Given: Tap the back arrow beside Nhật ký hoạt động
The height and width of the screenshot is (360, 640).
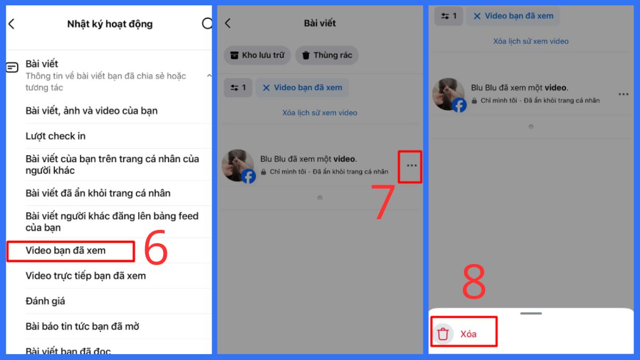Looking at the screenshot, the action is pos(11,24).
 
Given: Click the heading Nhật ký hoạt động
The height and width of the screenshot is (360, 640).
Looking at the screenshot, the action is pos(110,24).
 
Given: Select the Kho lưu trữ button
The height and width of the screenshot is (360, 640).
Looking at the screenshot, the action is pos(257,55).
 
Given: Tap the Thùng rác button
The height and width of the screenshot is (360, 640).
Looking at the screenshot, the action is pos(327,55).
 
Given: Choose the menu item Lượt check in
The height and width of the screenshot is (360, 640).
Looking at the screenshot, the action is pos(55,136).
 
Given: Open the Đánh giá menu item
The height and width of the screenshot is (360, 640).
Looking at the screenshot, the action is pos(45,301).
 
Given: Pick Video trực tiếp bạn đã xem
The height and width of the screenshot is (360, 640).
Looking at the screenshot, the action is pos(86,276).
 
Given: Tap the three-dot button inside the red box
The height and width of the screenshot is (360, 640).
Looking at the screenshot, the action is pos(411,165).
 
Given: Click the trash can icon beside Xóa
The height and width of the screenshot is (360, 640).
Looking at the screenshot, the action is pos(443,334).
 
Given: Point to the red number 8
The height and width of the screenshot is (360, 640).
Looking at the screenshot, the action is pos(474,282).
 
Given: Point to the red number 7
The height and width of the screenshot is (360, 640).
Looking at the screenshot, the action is pos(382,202).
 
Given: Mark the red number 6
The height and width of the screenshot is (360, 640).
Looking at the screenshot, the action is pos(156,247).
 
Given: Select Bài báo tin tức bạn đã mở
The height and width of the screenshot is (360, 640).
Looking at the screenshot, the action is pos(82,326).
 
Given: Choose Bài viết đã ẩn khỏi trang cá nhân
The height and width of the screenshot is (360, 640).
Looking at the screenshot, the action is pos(98,193).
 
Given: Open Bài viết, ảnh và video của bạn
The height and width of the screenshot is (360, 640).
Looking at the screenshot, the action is pos(91,111).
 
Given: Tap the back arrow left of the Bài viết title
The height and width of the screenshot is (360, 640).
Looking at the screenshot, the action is pos(228,23).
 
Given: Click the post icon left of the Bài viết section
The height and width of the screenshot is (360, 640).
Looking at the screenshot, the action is pos(12,67).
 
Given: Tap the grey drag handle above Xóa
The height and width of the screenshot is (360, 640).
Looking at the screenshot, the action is pos(531,314).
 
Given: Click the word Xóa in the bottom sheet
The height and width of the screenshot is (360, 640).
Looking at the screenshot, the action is pos(468,334).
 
